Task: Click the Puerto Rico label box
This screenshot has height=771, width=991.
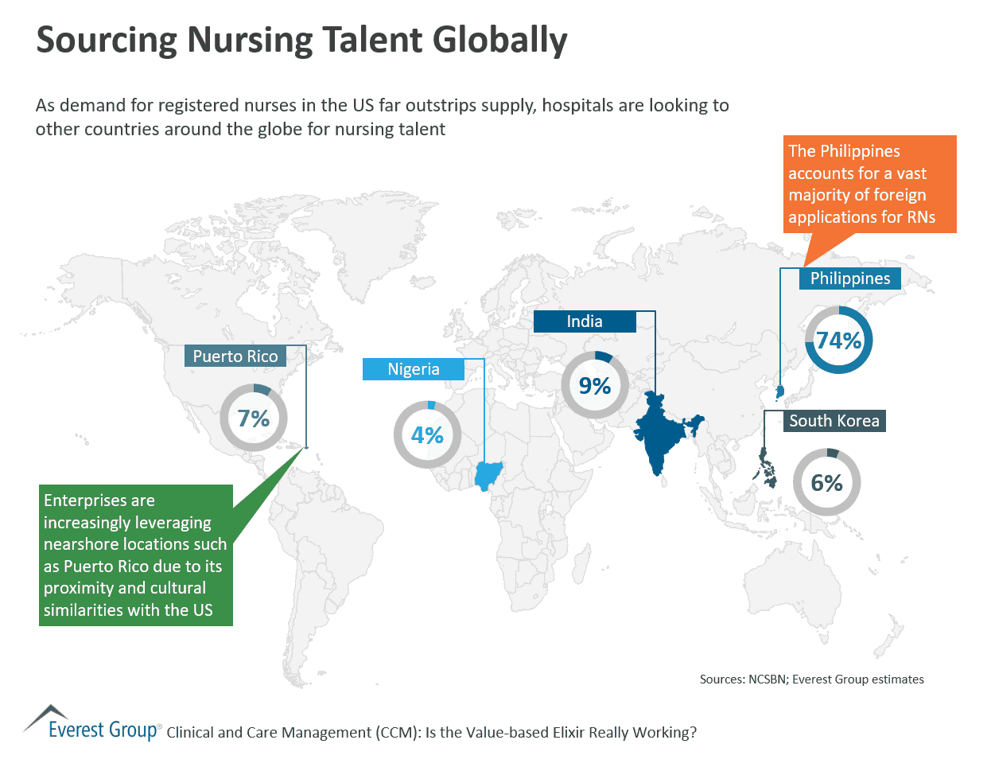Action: coord(235,356)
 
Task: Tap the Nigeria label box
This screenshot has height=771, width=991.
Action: coord(413,369)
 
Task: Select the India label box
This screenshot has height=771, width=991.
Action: coord(585,321)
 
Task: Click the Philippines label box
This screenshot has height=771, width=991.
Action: coord(849,278)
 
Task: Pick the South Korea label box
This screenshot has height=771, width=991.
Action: coord(834,421)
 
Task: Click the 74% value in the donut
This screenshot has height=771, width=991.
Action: coord(838,341)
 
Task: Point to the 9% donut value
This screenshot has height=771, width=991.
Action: coord(594,386)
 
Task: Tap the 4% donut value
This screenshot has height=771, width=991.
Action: coord(427,435)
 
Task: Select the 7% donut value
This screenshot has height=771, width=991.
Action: coord(254,419)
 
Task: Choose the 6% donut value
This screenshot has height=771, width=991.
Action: coord(826,483)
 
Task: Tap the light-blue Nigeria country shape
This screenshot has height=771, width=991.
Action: coord(486,475)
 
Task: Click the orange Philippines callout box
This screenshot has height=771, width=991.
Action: coord(869,184)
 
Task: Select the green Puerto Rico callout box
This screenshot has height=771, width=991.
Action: coord(135,555)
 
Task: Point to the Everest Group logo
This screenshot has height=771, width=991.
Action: coord(91,723)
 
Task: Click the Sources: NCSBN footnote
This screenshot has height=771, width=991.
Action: coord(811,679)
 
